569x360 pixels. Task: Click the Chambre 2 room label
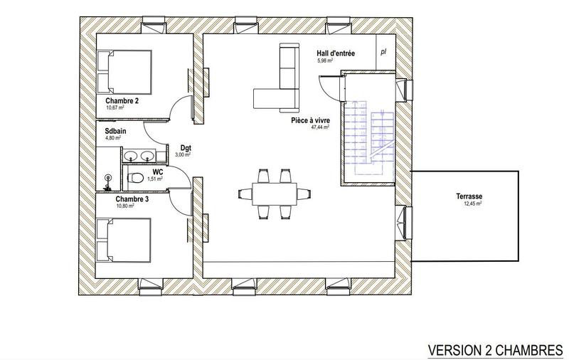coord(122,101)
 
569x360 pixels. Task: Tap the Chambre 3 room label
coord(132,199)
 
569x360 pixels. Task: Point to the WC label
coord(156,171)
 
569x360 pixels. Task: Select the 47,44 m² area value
coord(322,129)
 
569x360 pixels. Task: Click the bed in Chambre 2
coord(125,71)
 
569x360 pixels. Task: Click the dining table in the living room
coord(275,192)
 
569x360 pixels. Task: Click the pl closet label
coord(383,52)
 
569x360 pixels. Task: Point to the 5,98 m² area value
coord(326,61)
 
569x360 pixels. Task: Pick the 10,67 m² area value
coord(115,108)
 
